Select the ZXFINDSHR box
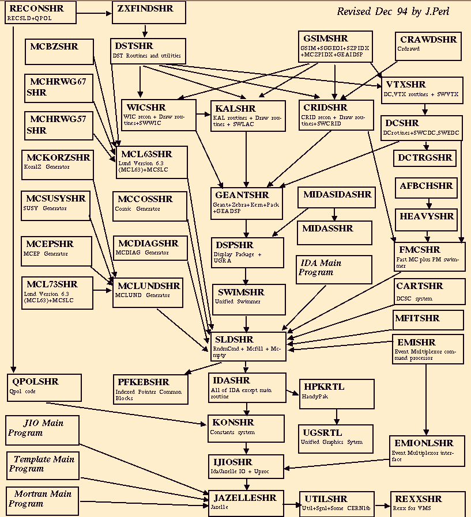149,13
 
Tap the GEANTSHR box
247,203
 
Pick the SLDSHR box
248,346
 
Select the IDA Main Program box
334,269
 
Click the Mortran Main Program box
42,501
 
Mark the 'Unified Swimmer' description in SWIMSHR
238,301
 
